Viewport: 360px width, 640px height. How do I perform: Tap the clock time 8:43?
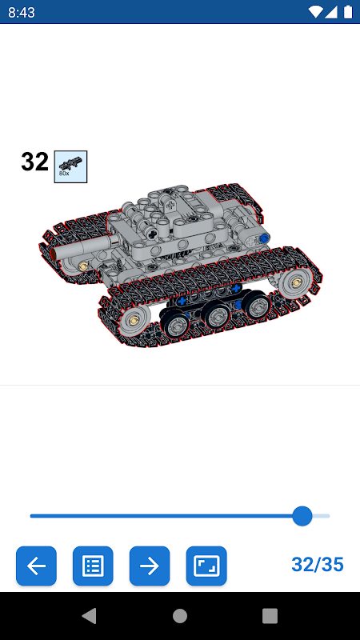pos(22,13)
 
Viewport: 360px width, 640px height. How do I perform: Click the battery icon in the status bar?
pos(348,12)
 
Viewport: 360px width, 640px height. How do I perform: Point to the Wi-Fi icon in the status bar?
pos(315,12)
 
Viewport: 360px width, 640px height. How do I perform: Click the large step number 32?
pos(34,162)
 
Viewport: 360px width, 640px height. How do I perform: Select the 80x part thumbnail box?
pos(70,166)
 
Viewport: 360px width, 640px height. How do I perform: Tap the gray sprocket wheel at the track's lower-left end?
pos(133,321)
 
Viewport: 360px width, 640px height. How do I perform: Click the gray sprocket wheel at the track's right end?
pos(295,283)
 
